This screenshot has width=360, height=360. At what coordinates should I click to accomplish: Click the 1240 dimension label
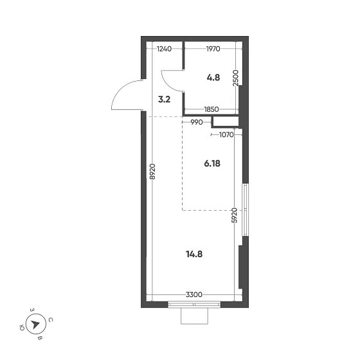click(164, 49)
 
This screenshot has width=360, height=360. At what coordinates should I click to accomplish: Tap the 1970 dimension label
click(213, 49)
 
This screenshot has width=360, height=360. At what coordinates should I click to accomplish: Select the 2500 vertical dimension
click(236, 78)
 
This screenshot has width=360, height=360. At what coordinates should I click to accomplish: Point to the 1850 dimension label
click(212, 109)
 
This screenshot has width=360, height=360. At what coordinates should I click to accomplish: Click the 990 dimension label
click(197, 122)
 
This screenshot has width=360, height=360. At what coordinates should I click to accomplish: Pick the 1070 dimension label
click(226, 135)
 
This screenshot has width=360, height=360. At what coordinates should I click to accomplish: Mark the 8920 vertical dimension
click(152, 172)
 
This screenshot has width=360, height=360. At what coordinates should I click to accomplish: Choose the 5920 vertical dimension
click(234, 215)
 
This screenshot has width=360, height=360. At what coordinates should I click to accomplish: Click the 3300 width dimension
click(194, 294)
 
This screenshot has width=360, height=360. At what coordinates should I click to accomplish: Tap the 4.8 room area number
click(213, 78)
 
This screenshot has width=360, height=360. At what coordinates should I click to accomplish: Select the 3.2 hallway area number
click(165, 100)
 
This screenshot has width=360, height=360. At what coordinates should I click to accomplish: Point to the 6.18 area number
click(212, 164)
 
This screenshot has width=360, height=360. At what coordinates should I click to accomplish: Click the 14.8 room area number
click(194, 255)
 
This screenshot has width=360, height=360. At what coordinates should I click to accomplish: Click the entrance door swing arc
click(120, 89)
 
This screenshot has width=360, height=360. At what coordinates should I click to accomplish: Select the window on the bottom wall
click(194, 305)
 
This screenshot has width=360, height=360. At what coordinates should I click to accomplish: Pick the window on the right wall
click(246, 210)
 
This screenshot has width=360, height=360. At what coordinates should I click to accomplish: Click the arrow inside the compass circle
click(35, 324)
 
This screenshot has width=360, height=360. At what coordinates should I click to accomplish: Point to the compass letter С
click(51, 320)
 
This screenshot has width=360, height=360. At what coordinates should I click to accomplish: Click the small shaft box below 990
click(226, 122)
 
